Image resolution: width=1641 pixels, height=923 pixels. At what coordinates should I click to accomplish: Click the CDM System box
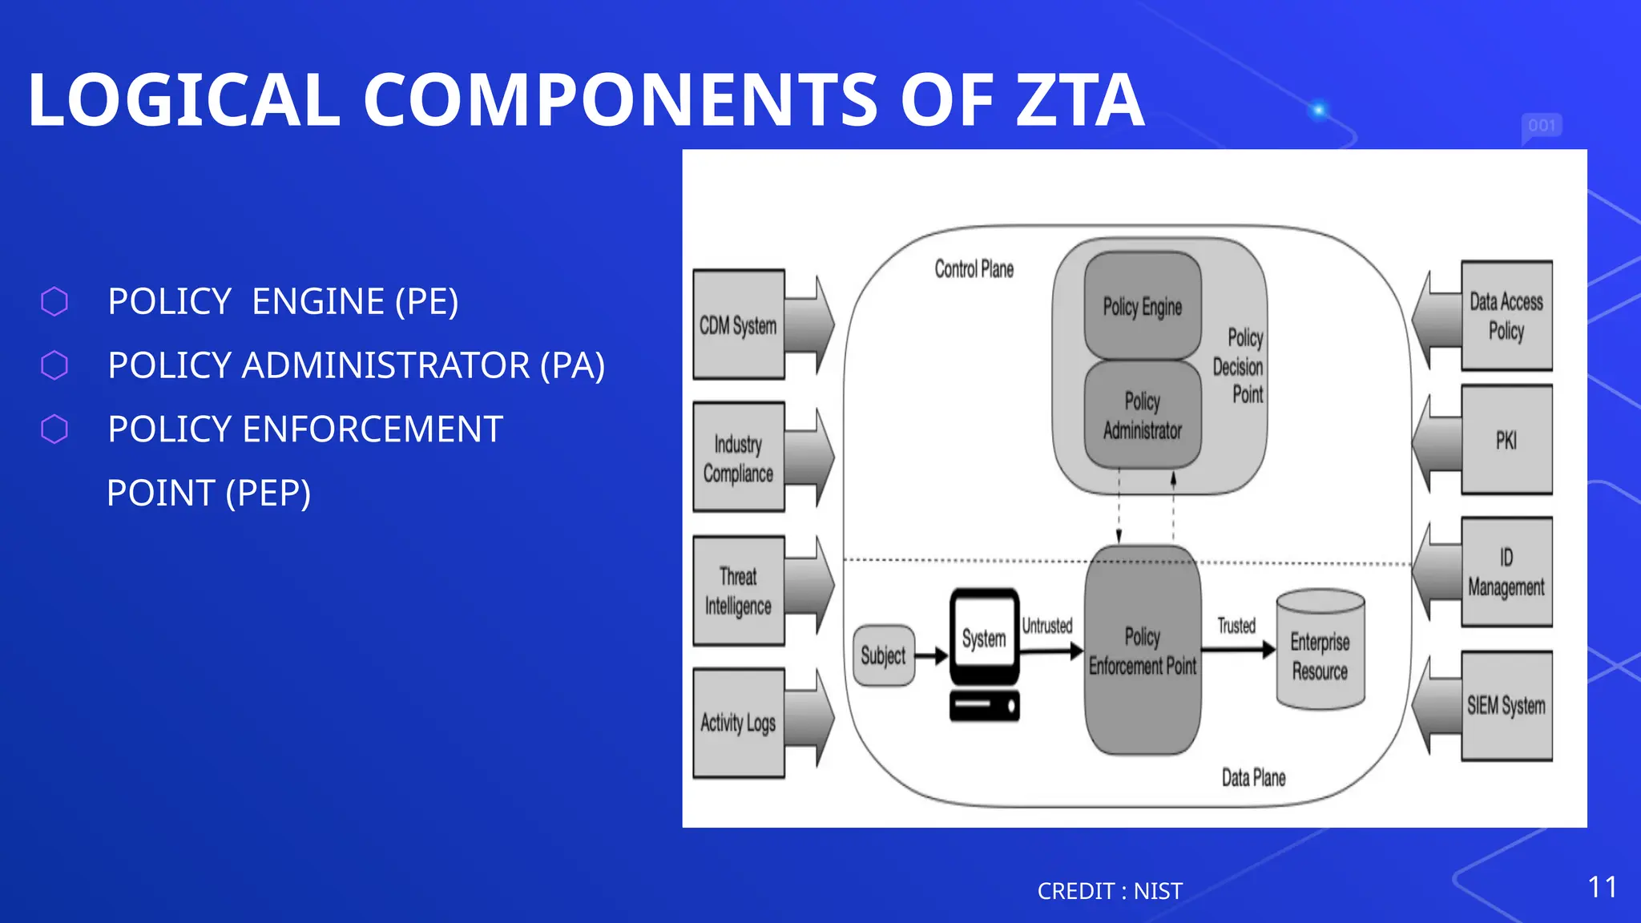coord(738,324)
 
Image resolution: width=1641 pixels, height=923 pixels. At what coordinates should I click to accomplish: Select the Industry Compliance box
coord(738,457)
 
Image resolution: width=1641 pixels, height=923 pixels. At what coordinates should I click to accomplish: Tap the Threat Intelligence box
coord(738,590)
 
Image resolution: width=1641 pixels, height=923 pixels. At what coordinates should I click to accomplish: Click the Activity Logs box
coord(738,723)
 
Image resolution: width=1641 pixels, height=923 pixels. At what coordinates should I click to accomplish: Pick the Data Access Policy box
coord(1506,316)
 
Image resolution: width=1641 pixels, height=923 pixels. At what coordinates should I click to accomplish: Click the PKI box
coord(1506,440)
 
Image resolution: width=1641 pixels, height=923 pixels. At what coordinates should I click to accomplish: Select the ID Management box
coord(1506,572)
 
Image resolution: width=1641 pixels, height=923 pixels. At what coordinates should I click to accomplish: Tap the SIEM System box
coord(1506,705)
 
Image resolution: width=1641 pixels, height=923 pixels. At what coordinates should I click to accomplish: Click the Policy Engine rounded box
coord(1143,306)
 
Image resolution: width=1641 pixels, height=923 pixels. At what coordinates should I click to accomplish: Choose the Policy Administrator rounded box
coord(1143,415)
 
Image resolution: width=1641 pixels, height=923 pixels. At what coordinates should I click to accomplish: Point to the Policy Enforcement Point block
coord(1143,651)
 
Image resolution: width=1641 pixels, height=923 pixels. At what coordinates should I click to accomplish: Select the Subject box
coord(883,655)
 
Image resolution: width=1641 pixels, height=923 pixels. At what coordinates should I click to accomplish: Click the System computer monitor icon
coord(984,636)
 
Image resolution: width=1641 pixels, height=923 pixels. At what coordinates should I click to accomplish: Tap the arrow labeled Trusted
coord(1238,650)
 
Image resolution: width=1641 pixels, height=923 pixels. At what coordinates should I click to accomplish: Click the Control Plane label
coord(974,269)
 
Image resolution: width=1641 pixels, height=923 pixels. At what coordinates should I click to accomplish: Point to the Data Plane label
coord(1253,777)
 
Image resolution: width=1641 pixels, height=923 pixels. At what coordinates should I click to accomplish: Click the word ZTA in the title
coord(1079,100)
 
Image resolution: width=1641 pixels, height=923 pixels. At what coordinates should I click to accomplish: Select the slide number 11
coord(1602,887)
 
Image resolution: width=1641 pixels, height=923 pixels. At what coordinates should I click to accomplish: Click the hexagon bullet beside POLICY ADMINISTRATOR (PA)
coord(54,365)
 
